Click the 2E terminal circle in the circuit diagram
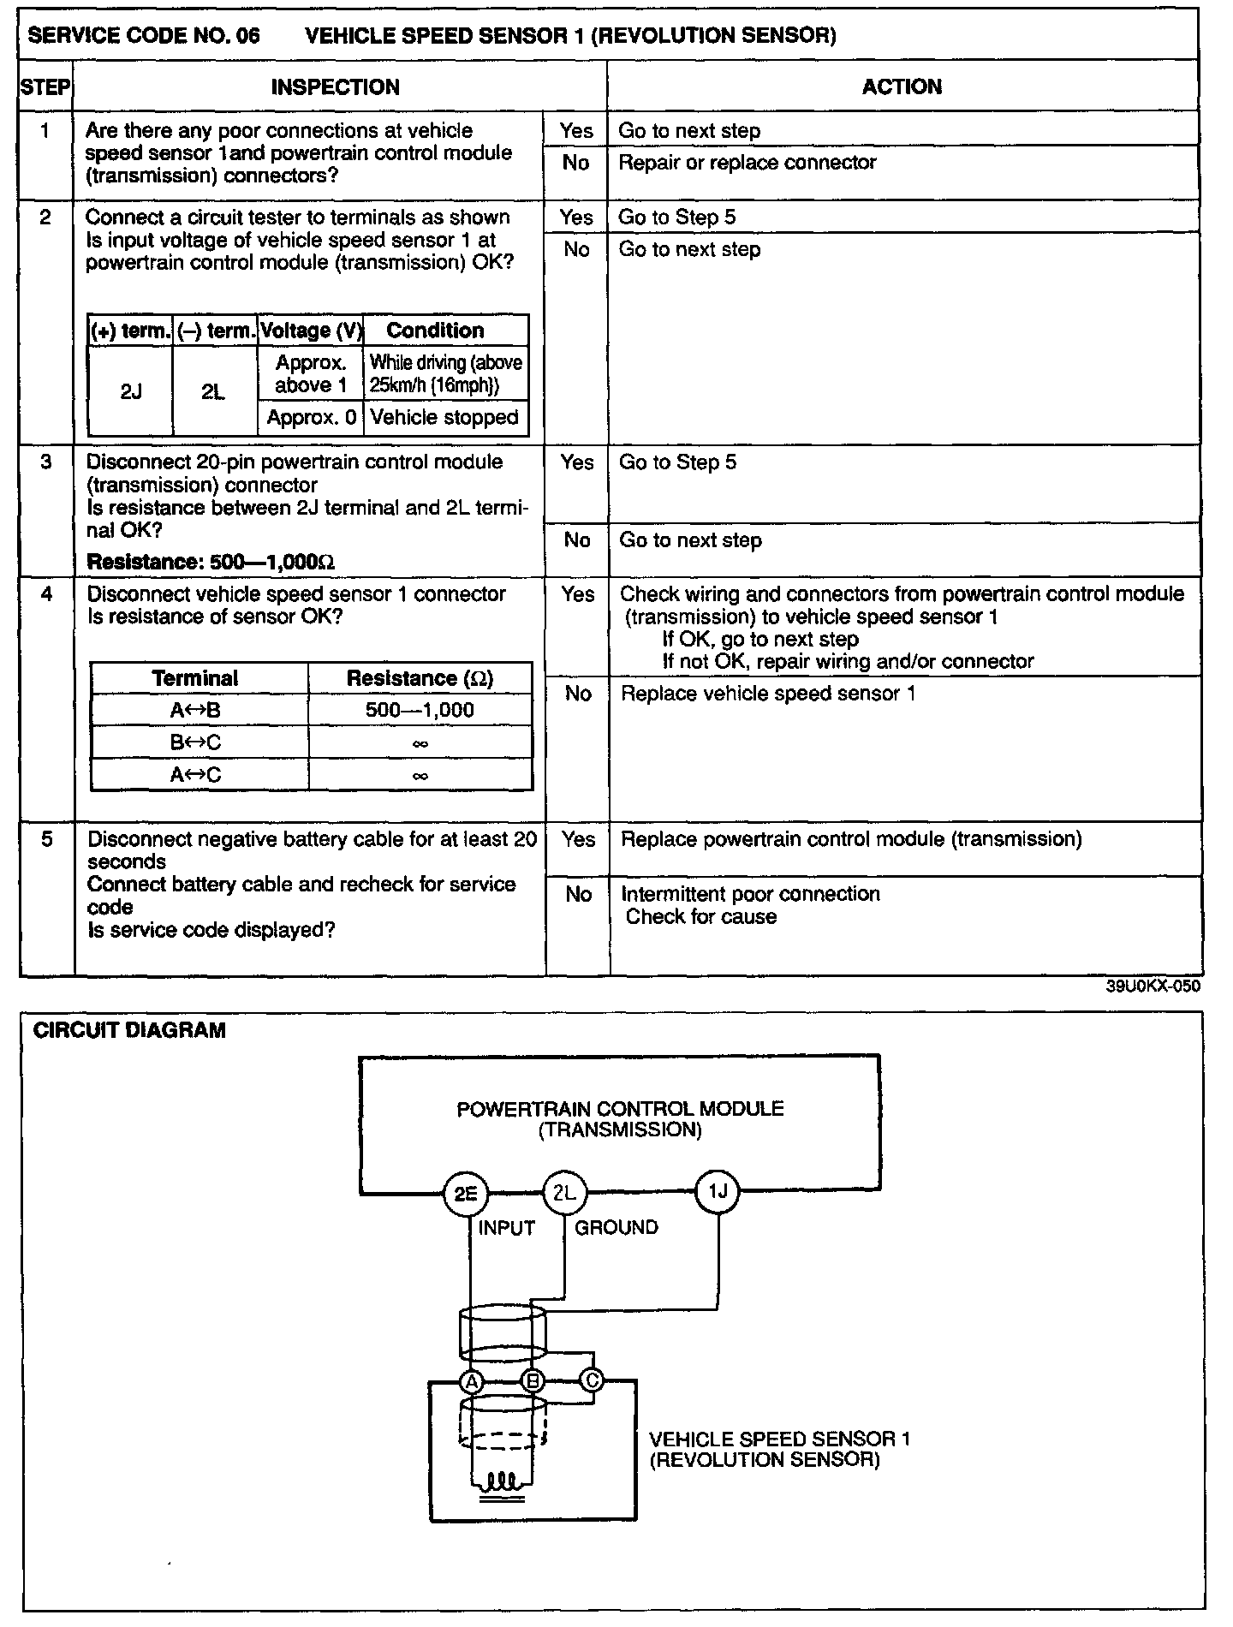click(465, 1193)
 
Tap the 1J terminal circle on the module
click(718, 1190)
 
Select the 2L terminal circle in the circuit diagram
click(565, 1192)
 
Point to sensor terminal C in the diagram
click(592, 1380)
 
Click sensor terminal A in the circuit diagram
click(471, 1380)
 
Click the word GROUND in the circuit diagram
click(616, 1227)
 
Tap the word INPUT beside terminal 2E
click(506, 1228)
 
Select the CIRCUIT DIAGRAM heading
click(128, 1030)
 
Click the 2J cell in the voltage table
click(131, 391)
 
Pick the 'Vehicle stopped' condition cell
click(444, 418)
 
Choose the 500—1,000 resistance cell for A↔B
click(420, 710)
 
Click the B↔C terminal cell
click(195, 742)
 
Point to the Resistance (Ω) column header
click(420, 678)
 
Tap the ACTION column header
click(902, 86)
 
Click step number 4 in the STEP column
click(46, 593)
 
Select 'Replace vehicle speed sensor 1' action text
click(768, 693)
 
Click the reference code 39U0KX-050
click(1153, 986)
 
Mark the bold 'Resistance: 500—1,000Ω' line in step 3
click(211, 562)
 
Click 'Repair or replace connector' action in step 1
click(747, 163)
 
